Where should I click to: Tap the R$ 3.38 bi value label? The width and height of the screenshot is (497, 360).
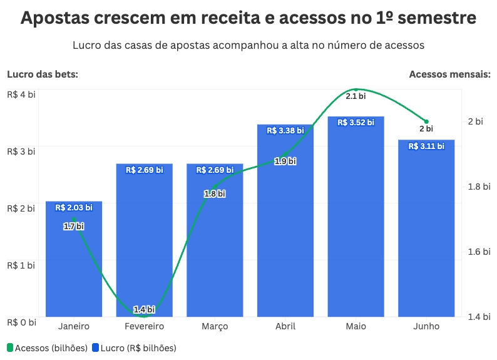[x=285, y=131]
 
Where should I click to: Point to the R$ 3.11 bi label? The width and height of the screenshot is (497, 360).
[x=426, y=146]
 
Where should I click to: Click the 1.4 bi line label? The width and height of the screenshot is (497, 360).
[x=144, y=309]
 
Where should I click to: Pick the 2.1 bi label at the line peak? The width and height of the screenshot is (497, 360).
[x=356, y=96]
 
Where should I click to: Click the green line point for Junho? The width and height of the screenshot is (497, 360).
[x=426, y=121]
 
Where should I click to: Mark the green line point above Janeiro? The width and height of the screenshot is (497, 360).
[x=74, y=219]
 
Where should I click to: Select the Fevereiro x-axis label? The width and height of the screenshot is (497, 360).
[x=144, y=327]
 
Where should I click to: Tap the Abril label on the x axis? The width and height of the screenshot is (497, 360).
[x=285, y=327]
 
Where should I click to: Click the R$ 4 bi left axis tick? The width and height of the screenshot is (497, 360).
[x=21, y=95]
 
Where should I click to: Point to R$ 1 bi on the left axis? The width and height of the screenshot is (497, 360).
[x=21, y=265]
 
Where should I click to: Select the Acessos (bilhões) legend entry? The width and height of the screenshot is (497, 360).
[x=48, y=347]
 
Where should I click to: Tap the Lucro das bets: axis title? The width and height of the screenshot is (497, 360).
[x=43, y=75]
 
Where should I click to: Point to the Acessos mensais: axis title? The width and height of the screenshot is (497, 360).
[x=449, y=75]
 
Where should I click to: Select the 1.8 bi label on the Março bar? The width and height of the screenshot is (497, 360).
[x=215, y=194]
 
